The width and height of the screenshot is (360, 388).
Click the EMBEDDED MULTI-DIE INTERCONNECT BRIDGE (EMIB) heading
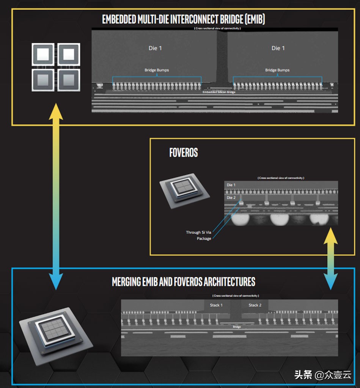pyautogui.click(x=183, y=20)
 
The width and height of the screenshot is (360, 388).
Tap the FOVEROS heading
pyautogui.click(x=184, y=153)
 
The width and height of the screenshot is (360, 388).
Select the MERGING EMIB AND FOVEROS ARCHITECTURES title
pyautogui.click(x=184, y=282)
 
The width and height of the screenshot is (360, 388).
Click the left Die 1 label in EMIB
pyautogui.click(x=155, y=48)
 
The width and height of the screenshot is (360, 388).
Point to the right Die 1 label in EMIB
pyautogui.click(x=278, y=48)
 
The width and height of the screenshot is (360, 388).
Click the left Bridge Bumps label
pyautogui.click(x=157, y=70)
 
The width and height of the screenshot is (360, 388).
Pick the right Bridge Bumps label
pyautogui.click(x=277, y=70)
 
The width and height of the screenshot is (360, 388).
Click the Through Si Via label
pyautogui.click(x=198, y=232)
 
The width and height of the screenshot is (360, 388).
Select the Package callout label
pyautogui.click(x=204, y=239)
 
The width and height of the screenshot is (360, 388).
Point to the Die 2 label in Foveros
pyautogui.click(x=231, y=198)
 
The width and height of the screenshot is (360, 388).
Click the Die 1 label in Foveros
pyautogui.click(x=231, y=185)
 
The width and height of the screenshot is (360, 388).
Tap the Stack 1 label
pyautogui.click(x=216, y=305)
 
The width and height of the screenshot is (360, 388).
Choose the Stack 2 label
pyautogui.click(x=255, y=305)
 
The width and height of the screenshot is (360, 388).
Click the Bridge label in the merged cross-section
pyautogui.click(x=237, y=327)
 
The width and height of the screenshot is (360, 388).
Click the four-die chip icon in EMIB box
pyautogui.click(x=56, y=67)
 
